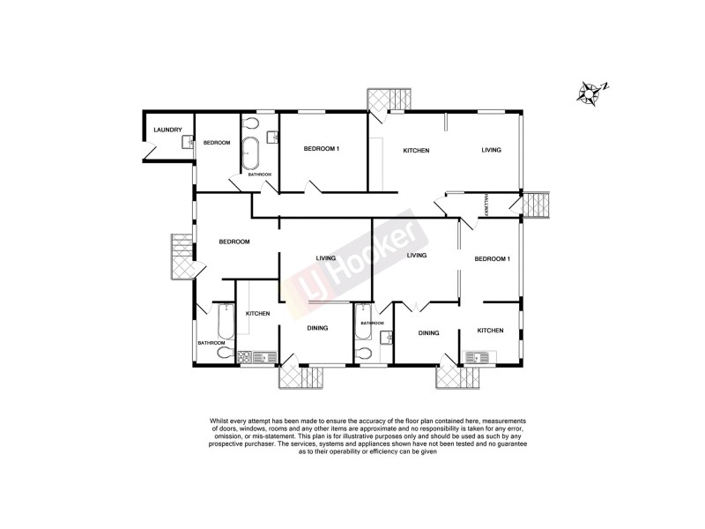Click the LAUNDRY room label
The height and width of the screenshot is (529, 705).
click(167, 130)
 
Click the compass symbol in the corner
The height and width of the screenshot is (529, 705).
click(590, 91)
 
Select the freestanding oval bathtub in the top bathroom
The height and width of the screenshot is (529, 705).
click(251, 153)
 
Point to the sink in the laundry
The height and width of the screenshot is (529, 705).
click(188, 140)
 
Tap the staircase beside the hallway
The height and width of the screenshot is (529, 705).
click(536, 205)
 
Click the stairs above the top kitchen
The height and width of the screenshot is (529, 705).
click(390, 99)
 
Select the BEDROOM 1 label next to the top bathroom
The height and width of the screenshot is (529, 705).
click(322, 149)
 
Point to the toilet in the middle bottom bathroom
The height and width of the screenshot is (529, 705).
click(365, 354)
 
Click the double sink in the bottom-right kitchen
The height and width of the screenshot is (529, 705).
click(482, 357)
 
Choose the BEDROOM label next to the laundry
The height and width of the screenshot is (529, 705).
click(217, 143)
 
